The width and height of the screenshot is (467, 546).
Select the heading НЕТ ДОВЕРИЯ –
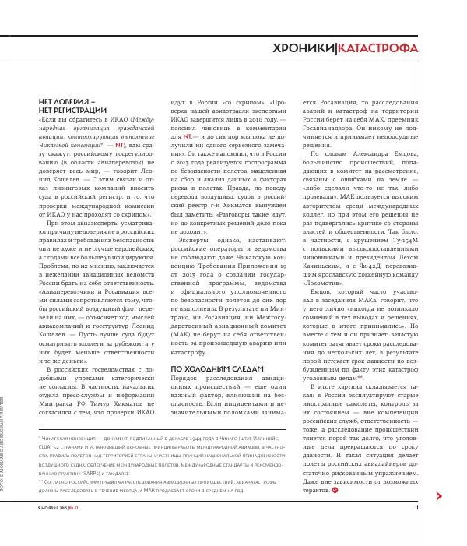click(x=66, y=102)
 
